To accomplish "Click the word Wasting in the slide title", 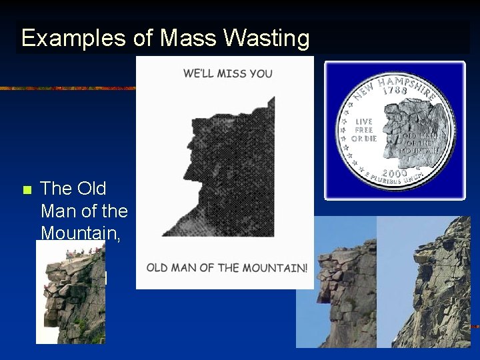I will coord(267,39).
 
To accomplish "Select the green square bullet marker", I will coord(27,191).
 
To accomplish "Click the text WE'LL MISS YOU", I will coord(227,73).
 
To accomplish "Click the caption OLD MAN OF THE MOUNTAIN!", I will coord(227,268).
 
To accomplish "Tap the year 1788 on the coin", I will coord(395,89).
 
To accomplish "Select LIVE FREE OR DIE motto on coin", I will coord(364,130).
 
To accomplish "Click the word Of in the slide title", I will coord(142,39).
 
